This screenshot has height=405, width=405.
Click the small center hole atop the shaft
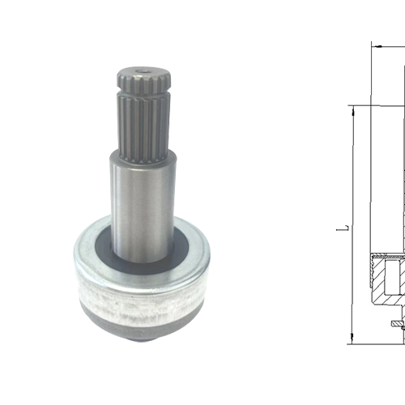[x=143, y=72]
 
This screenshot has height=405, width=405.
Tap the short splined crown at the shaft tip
[x=144, y=79]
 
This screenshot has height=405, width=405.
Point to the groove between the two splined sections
[x=144, y=92]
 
